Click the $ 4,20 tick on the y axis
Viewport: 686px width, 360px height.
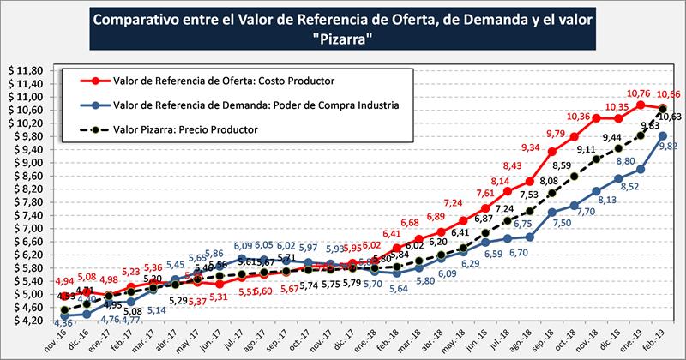25,320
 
